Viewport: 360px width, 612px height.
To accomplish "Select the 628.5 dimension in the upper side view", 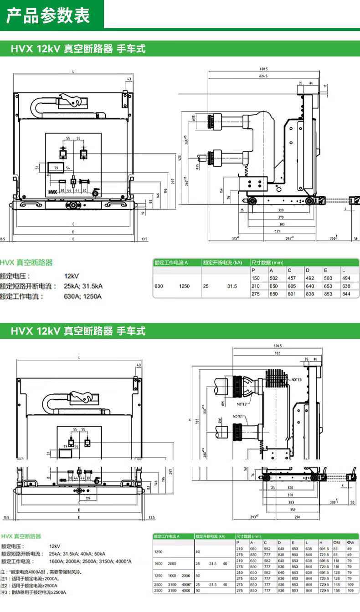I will tap(257, 69).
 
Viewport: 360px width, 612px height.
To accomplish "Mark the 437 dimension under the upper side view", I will tap(277, 232).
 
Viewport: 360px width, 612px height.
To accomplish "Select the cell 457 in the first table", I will tap(291, 278).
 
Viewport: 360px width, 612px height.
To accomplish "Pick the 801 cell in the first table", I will tap(291, 294).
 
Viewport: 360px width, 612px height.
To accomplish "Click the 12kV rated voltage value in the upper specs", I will tap(72, 276).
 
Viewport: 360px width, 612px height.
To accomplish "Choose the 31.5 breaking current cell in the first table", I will tap(232, 286).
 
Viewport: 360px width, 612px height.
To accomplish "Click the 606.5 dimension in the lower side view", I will tap(278, 346).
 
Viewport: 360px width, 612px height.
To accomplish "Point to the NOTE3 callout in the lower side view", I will tap(297, 379).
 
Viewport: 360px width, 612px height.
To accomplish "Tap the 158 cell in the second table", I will tap(337, 591).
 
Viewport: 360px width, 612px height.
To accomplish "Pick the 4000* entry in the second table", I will tap(186, 584).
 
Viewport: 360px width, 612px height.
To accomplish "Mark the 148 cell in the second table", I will tap(337, 584).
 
